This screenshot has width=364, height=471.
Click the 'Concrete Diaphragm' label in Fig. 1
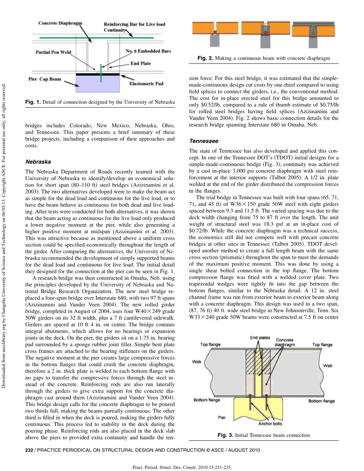coord(60,23)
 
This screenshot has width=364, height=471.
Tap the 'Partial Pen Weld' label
coord(54,52)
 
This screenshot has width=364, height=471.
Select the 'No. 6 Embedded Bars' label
coord(148,51)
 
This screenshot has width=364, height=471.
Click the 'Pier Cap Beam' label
coord(45,79)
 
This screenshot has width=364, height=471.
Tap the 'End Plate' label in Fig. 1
coord(141,63)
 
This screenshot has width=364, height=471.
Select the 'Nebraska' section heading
coord(38,162)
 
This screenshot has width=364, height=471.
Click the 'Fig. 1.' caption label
coord(33,102)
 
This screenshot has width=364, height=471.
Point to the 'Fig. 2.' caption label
coord(205,58)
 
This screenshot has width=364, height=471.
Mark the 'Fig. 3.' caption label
coord(225,435)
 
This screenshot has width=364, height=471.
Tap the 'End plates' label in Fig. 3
coord(260,338)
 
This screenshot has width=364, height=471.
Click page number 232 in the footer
coord(29,450)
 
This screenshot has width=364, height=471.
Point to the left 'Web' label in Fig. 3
coord(197,361)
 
